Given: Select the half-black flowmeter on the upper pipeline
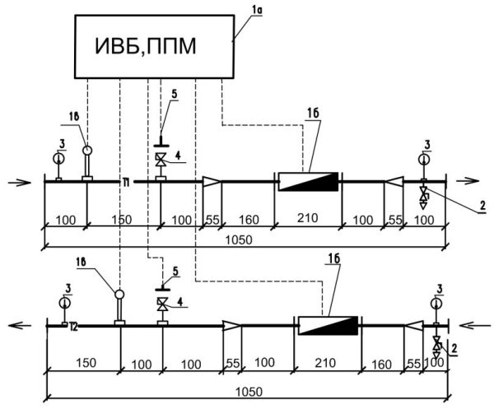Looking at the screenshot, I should pos(308,180).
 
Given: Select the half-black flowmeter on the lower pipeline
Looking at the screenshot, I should pos(327,325).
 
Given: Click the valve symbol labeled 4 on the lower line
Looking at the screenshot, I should pos(161,304).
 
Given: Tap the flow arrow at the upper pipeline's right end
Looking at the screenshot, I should pos(471,179).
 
